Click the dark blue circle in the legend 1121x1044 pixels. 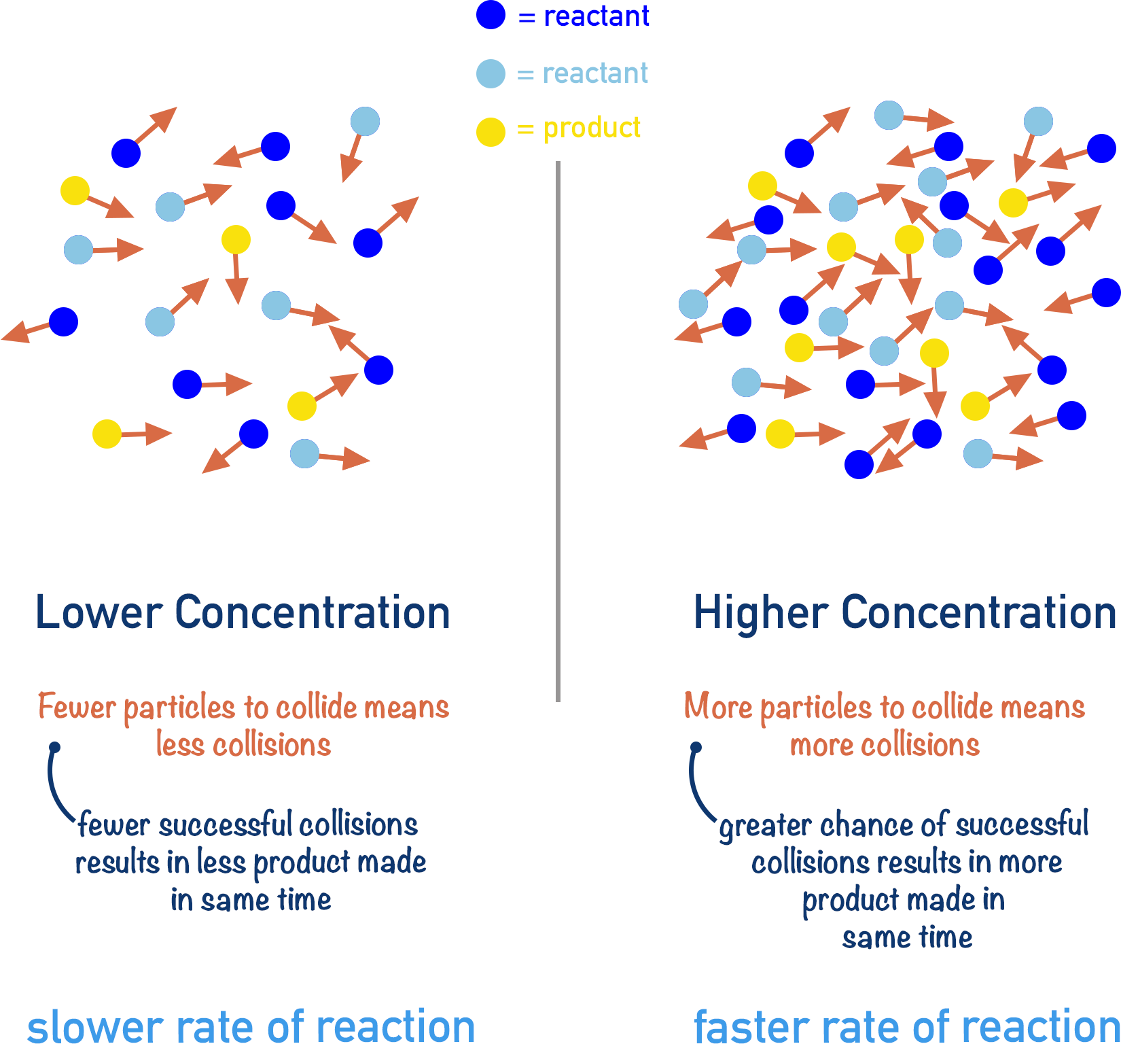[491, 15]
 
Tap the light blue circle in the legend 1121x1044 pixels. [491, 73]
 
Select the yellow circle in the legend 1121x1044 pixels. [491, 132]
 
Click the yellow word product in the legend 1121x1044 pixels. [591, 128]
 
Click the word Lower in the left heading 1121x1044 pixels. [99, 612]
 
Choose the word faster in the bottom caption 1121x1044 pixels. [751, 1026]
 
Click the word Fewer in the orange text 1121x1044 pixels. [77, 707]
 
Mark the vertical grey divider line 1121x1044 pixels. [558, 432]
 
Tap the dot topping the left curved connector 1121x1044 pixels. [55, 747]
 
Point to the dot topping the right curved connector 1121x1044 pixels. [696, 747]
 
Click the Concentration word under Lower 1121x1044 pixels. [313, 612]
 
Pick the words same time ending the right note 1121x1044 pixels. [906, 937]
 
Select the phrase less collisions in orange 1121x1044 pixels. [243, 745]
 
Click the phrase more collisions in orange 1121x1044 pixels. [884, 745]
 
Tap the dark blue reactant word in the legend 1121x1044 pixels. [596, 16]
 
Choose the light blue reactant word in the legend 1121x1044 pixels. [595, 73]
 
